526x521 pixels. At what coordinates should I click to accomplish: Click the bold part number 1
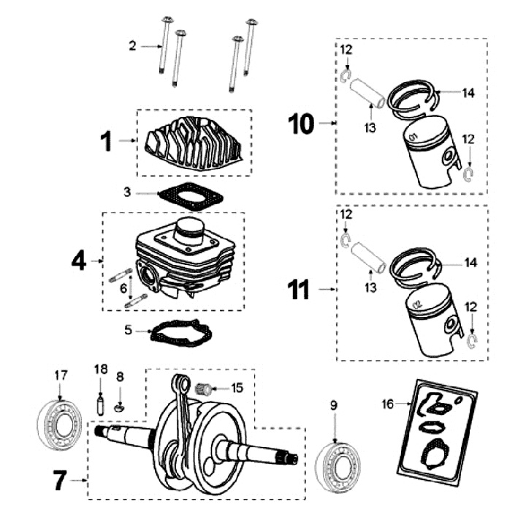pos(107,142)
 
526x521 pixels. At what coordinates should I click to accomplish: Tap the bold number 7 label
pos(63,481)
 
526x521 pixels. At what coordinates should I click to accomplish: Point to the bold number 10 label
pos(301,124)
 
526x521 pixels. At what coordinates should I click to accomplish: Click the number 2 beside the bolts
pos(132,46)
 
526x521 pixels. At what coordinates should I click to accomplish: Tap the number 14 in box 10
pos(468,93)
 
